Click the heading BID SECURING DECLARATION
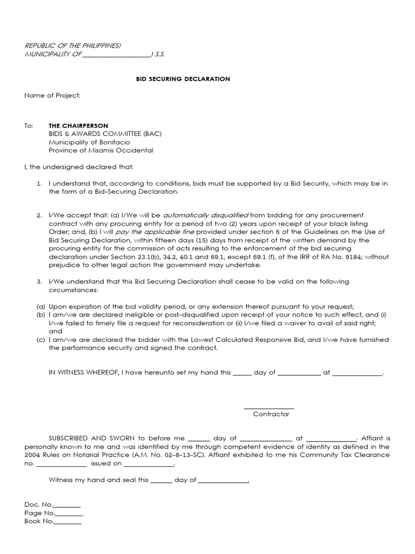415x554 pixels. click(183, 79)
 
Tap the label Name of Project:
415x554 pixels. click(52, 96)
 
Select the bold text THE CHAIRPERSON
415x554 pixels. click(78, 126)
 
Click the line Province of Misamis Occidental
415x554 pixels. click(101, 150)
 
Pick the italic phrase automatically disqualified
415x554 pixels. click(205, 215)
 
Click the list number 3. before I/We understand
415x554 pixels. click(39, 281)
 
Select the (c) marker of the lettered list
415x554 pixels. click(41, 340)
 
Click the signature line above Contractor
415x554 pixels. click(269, 408)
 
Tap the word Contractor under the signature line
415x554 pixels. click(271, 414)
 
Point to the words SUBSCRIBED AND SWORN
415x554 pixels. click(90, 438)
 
